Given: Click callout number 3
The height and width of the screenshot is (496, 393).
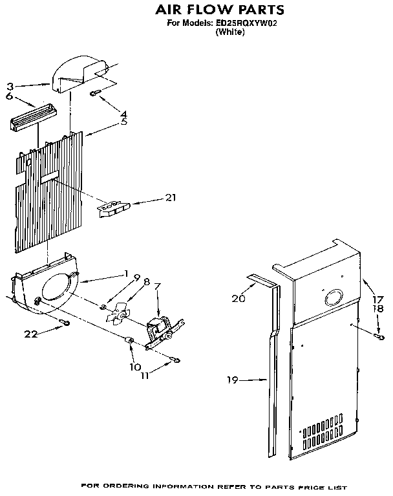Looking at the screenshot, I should [10, 85].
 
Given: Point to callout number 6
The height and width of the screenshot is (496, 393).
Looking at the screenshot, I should [10, 95].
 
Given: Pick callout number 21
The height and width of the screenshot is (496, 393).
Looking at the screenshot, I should [170, 197].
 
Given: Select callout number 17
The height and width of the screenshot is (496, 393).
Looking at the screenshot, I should [376, 299].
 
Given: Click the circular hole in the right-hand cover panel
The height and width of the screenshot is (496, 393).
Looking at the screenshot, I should [334, 297].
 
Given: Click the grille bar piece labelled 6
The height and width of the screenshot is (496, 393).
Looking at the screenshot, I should [30, 118].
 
